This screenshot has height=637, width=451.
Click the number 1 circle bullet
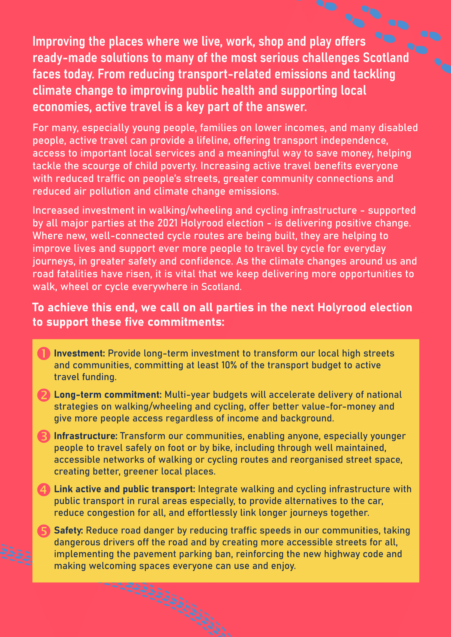tap(44, 353)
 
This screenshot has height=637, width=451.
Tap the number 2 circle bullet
tap(44, 395)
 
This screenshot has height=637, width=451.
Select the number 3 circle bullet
tap(44, 436)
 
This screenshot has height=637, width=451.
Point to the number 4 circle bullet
tap(44, 489)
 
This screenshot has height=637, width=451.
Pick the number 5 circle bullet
tap(44, 531)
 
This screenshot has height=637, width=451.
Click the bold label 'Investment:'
tap(79, 353)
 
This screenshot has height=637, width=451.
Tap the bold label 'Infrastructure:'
tap(86, 436)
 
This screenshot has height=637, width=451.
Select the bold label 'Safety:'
tap(68, 530)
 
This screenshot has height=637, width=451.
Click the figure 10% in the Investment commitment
tap(229, 365)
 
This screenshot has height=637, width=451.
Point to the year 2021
tap(168, 223)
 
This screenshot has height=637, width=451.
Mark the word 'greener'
tap(144, 471)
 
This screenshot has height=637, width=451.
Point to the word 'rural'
tap(150, 501)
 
